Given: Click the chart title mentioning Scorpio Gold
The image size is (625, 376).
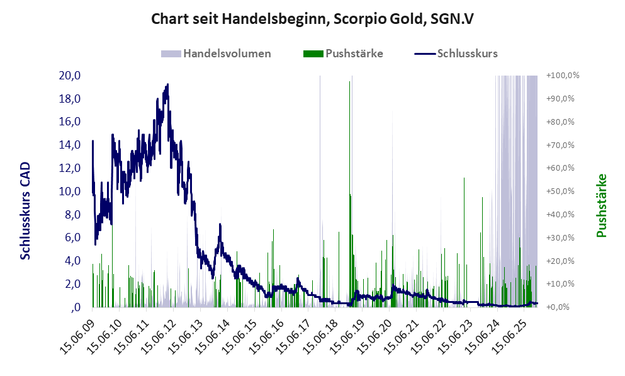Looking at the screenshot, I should pos(312,19).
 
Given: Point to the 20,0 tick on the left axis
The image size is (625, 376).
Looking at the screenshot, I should pos(69,76).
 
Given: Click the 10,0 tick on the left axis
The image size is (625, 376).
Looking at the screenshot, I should pos(69,191).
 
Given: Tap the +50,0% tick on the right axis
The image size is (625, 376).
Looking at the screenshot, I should pos(565,191).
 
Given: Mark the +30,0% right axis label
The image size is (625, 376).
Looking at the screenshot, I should pos(565,237).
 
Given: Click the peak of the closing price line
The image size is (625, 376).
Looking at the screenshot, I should pos(167,84).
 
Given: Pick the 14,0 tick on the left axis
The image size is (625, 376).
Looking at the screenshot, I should pos(69,145).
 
